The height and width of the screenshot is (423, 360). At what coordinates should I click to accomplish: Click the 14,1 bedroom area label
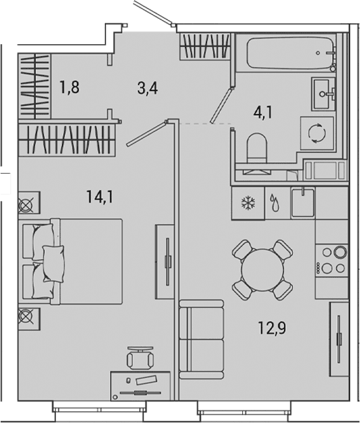[x=100, y=197]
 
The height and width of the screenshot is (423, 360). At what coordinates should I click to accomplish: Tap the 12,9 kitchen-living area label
[x=271, y=328]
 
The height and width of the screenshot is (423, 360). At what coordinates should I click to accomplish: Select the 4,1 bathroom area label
[x=262, y=112]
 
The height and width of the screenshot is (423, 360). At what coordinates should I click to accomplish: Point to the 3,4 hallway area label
[x=147, y=88]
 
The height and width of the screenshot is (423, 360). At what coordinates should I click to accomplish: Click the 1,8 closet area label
[x=70, y=87]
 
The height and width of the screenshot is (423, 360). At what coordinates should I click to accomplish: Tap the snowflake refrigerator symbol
[x=248, y=203]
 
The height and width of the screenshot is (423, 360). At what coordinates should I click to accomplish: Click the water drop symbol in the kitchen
[x=275, y=202]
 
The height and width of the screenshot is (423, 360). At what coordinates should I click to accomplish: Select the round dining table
[x=262, y=270]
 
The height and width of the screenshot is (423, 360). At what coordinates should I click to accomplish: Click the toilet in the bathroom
[x=257, y=148]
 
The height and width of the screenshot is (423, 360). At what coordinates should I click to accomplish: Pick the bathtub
[x=291, y=53]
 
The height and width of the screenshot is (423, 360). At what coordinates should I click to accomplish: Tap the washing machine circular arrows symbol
[x=317, y=133]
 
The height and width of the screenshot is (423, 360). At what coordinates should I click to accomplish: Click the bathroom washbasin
[x=324, y=94]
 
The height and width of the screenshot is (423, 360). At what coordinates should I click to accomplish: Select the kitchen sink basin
[x=303, y=203]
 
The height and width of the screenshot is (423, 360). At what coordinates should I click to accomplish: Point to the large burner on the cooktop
[x=340, y=252]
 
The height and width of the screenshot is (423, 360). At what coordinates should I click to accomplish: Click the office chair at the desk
[x=140, y=358]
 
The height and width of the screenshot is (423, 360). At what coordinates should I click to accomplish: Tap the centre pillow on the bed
[x=53, y=264]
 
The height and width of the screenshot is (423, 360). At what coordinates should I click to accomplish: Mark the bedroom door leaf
[x=146, y=134]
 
